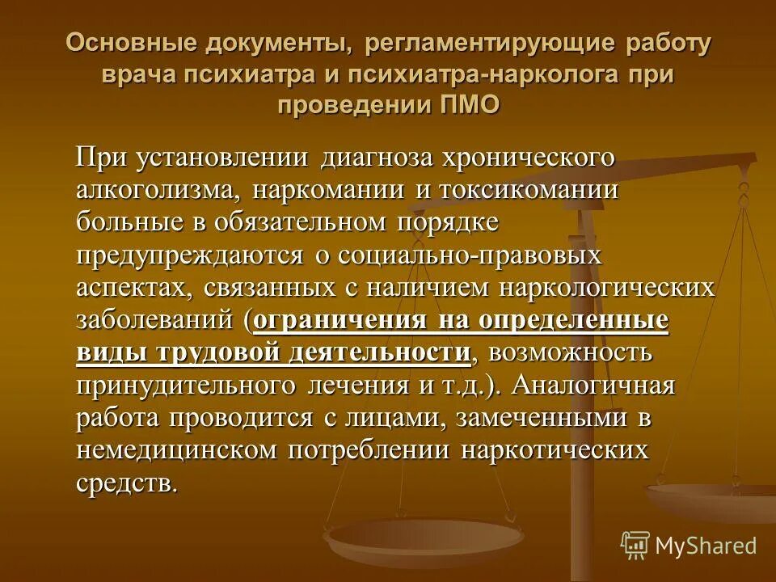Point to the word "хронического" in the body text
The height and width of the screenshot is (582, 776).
tap(523, 158)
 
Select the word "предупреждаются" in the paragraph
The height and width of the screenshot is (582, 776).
tap(188, 255)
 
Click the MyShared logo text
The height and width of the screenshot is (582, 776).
tap(706, 546)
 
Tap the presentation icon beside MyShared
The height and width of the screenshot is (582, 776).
tap(635, 545)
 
